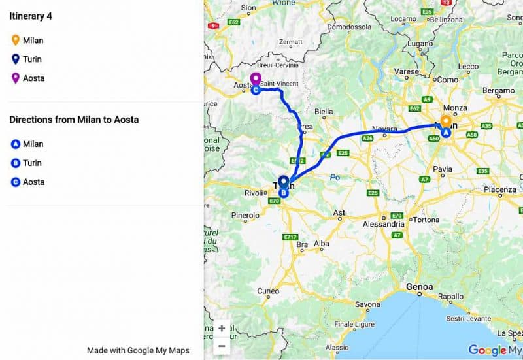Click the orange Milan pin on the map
(x=445, y=121)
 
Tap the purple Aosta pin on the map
(x=256, y=79)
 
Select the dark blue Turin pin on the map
(x=284, y=182)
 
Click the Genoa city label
(x=419, y=287)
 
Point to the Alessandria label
(x=383, y=224)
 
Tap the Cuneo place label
(x=268, y=291)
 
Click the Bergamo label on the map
(x=498, y=90)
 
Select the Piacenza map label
(x=500, y=189)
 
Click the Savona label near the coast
(x=367, y=304)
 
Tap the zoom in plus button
(x=222, y=329)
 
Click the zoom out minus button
(x=222, y=346)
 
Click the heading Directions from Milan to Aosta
(x=74, y=120)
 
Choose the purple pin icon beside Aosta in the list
(x=14, y=78)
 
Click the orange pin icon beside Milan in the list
(x=14, y=41)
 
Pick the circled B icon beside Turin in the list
(x=14, y=163)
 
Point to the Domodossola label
(x=349, y=27)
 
